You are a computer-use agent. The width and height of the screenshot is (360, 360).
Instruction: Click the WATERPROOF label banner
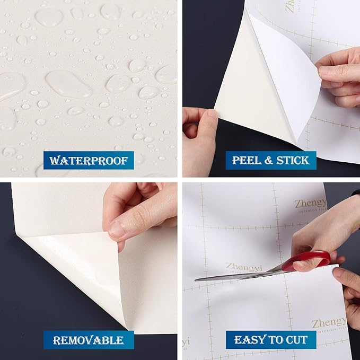click(89, 160)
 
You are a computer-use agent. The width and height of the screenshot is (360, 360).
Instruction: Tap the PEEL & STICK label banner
click(270, 160)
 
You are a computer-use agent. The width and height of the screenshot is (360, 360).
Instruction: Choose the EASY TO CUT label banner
click(270, 339)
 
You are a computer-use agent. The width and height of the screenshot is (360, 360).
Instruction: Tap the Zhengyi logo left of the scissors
click(244, 267)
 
